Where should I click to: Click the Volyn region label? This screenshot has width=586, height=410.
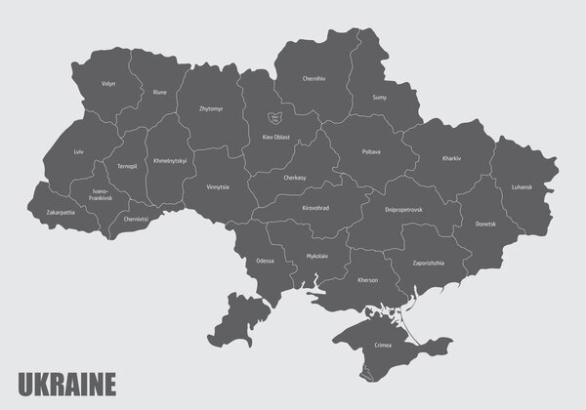(108, 84)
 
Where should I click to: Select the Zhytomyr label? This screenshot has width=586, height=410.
(210, 109)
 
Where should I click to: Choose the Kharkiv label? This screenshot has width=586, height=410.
(450, 157)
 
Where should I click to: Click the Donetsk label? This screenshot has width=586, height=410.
(486, 225)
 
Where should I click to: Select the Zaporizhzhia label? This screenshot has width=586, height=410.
(428, 263)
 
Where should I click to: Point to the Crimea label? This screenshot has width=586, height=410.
(383, 344)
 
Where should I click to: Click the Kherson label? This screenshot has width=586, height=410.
(367, 281)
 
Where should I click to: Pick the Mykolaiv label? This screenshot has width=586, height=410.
(317, 257)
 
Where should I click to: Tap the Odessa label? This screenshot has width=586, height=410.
(265, 262)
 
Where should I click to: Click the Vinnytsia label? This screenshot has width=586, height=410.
(218, 185)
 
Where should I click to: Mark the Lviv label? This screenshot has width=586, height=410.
(78, 153)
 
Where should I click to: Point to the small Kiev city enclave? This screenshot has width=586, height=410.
(274, 118)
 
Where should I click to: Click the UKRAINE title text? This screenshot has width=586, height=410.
(67, 382)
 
